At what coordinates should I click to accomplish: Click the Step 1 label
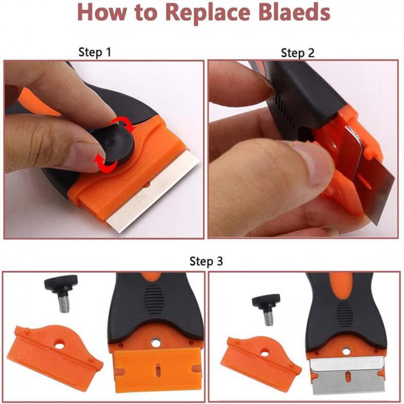[95, 53]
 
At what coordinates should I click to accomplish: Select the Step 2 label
[297, 53]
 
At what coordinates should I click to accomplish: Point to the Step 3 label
[206, 261]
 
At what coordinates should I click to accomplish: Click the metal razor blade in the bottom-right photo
[348, 375]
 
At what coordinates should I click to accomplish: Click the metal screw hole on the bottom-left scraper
[155, 343]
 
